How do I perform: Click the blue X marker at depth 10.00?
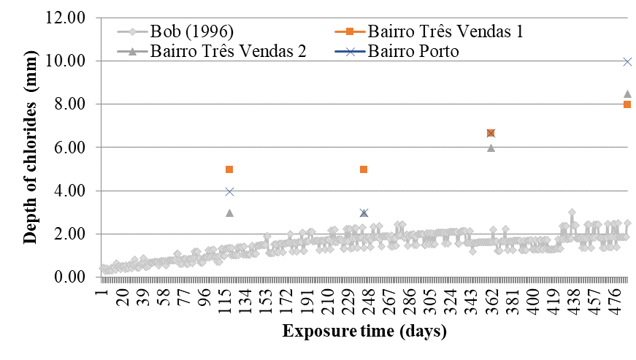point(627,61)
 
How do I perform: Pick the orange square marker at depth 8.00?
point(627,104)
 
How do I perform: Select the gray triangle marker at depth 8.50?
point(627,94)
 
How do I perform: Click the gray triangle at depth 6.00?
point(491,148)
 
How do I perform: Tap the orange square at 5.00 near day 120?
point(229,169)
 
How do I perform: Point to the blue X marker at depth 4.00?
point(229,191)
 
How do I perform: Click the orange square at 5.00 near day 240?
point(364,169)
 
